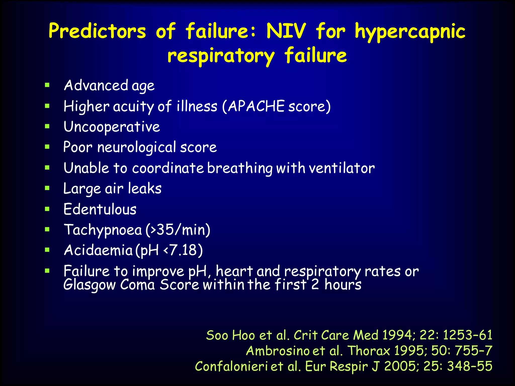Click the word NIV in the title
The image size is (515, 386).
pyautogui.click(x=286, y=31)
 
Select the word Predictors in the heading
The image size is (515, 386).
pyautogui.click(x=97, y=31)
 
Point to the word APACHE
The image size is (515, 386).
pyautogui.click(x=256, y=106)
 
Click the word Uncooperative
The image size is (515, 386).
pyautogui.click(x=112, y=127)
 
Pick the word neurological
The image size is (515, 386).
pyautogui.click(x=137, y=147)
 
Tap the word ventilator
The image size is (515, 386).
pyautogui.click(x=341, y=168)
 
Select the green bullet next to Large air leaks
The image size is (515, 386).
pyautogui.click(x=47, y=188)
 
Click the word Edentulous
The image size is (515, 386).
pyautogui.click(x=100, y=209)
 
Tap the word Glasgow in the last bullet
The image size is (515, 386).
pyautogui.click(x=89, y=285)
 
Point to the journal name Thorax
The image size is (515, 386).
pyautogui.click(x=369, y=351)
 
